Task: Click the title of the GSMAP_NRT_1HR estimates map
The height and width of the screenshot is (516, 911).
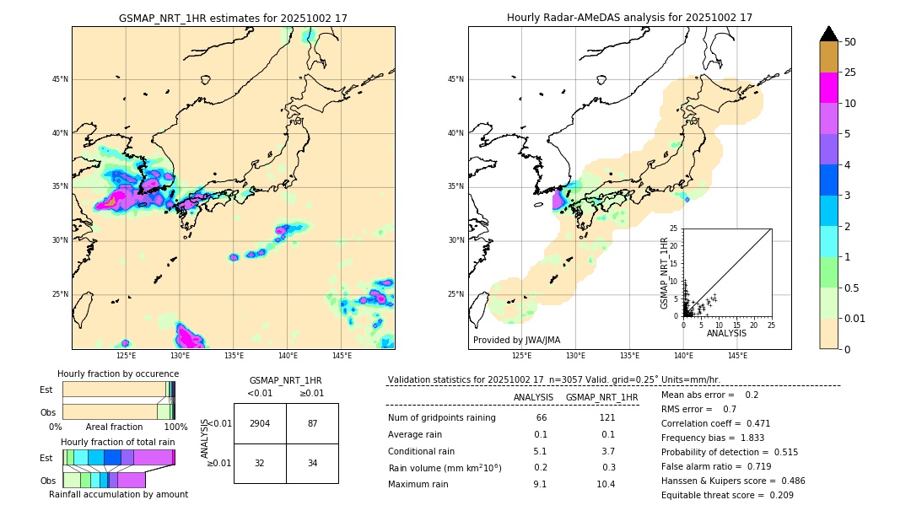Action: pos(233,18)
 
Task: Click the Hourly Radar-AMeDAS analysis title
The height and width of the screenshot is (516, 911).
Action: pos(629,18)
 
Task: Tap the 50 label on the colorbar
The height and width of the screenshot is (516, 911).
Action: pos(850,42)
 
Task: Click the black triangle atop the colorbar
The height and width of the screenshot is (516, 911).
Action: pos(829,34)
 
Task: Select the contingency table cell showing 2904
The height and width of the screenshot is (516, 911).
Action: pos(260,423)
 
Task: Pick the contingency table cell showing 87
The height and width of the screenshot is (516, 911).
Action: pos(312,423)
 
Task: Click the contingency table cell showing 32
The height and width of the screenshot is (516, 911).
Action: pos(260,463)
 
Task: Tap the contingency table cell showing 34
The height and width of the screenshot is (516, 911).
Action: pos(312,463)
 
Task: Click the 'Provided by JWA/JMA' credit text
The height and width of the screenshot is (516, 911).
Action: pos(516,340)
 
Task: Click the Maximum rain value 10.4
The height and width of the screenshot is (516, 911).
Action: pos(606,484)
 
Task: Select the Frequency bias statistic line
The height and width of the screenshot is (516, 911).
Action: pos(713,438)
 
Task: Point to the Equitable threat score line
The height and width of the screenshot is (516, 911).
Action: pos(727,495)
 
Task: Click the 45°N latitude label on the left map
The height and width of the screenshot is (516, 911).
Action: pos(59,79)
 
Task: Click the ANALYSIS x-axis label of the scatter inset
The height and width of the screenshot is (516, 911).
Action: pos(726,333)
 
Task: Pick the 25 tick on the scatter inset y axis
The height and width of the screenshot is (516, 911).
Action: pos(675,228)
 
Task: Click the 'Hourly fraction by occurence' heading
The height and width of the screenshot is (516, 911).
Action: pos(118,374)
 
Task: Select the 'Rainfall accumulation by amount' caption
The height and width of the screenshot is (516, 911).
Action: pos(118,494)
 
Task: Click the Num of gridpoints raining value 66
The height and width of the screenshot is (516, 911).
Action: pos(541,418)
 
